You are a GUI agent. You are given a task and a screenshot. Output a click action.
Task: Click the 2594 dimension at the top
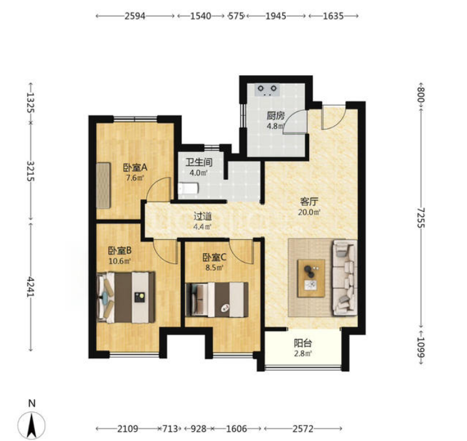(x=135, y=16)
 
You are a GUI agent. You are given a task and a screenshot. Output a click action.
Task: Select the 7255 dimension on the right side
(x=421, y=218)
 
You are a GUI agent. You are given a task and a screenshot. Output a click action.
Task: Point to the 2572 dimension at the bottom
(x=303, y=429)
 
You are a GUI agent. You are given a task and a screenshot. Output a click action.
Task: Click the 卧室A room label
(x=135, y=168)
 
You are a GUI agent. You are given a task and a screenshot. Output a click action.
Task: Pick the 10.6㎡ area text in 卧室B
(x=120, y=261)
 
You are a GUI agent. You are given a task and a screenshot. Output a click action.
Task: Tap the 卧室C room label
(x=214, y=257)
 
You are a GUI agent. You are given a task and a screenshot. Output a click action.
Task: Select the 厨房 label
(x=276, y=116)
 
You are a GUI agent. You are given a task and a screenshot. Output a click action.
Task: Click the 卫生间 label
(x=199, y=162)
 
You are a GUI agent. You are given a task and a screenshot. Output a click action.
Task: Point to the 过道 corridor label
(x=202, y=216)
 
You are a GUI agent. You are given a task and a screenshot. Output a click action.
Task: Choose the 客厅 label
(x=309, y=202)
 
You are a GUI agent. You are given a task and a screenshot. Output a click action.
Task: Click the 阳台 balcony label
(x=303, y=343)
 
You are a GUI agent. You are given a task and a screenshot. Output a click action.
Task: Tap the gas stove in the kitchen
(x=267, y=90)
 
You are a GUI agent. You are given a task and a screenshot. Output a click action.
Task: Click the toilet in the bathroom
(x=188, y=189)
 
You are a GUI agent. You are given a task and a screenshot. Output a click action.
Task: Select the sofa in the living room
(x=345, y=278)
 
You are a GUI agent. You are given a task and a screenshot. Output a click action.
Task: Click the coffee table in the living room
(x=312, y=278)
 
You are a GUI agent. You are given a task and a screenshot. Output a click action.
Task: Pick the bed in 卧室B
(x=126, y=298)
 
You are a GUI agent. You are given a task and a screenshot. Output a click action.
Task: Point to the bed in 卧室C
(x=217, y=299)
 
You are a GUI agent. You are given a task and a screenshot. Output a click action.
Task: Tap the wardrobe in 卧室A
(x=103, y=185)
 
